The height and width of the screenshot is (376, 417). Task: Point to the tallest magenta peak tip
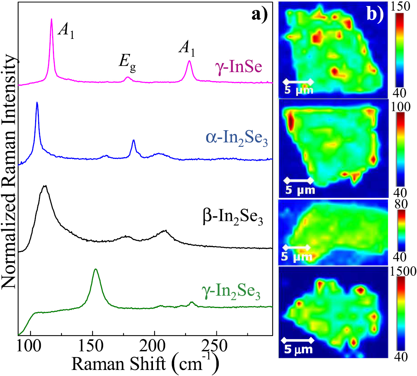[51, 19]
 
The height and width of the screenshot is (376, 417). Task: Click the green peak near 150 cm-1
[96, 269]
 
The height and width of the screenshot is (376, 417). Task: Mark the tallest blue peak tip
[37, 102]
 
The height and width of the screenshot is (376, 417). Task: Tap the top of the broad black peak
[45, 186]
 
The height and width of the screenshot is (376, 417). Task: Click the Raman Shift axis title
[145, 364]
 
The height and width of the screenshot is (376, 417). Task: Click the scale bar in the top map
[298, 81]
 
